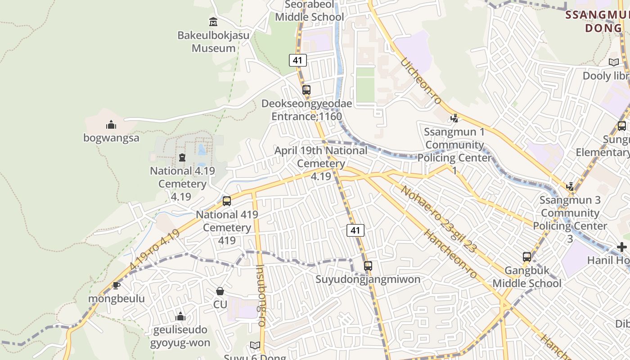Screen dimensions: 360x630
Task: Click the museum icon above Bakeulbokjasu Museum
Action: [213, 22]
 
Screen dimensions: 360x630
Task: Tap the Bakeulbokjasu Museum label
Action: [213, 41]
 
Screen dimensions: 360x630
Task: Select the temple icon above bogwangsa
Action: [111, 125]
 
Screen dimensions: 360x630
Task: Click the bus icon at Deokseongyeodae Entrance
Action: [306, 90]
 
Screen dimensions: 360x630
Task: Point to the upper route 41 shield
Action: [297, 60]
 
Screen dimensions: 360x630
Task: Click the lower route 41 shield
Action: [355, 230]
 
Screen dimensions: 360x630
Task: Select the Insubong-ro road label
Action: [261, 295]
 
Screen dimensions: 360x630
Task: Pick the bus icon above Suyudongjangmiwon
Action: [368, 265]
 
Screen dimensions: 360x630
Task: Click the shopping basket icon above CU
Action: [220, 291]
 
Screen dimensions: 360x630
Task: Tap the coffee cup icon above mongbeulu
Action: [116, 285]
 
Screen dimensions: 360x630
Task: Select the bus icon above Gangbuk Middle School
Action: [527, 257]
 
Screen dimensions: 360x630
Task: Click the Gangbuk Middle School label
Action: [527, 277]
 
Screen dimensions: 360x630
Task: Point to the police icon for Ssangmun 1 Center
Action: [454, 118]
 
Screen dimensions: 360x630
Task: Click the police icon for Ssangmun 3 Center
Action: [570, 186]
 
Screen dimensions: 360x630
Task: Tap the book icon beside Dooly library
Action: [613, 62]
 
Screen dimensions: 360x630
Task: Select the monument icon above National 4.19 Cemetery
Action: [182, 157]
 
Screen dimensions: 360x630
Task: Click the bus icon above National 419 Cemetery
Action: [227, 201]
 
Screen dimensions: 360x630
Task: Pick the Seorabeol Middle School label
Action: [310, 11]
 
